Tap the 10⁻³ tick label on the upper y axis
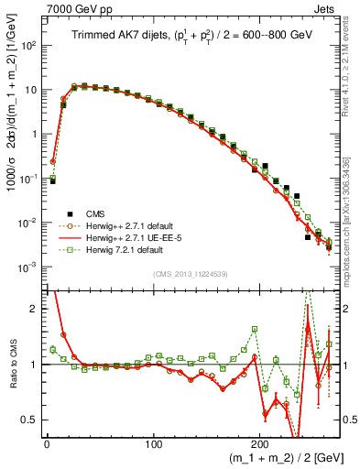pyautogui.click(x=27, y=267)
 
